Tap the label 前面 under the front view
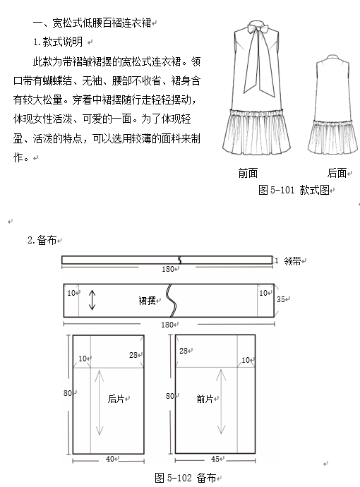tap(248, 173)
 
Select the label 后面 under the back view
tap(337, 173)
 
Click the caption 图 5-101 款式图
tap(294, 190)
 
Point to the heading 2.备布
tap(42, 240)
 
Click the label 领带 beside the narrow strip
tap(292, 261)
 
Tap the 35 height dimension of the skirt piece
tap(281, 299)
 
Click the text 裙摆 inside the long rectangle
tap(147, 301)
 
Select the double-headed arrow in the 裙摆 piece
tap(92, 300)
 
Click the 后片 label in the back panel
tap(116, 399)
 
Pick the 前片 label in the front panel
tap(205, 399)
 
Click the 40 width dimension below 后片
tap(110, 459)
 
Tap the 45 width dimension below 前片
tap(215, 459)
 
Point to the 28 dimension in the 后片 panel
tap(133, 355)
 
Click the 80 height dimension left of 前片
tap(169, 396)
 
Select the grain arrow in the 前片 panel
tap(221, 402)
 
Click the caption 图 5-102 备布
tap(186, 478)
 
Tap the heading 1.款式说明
tap(58, 42)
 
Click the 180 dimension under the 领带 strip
tap(167, 269)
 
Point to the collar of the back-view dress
tap(332, 57)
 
